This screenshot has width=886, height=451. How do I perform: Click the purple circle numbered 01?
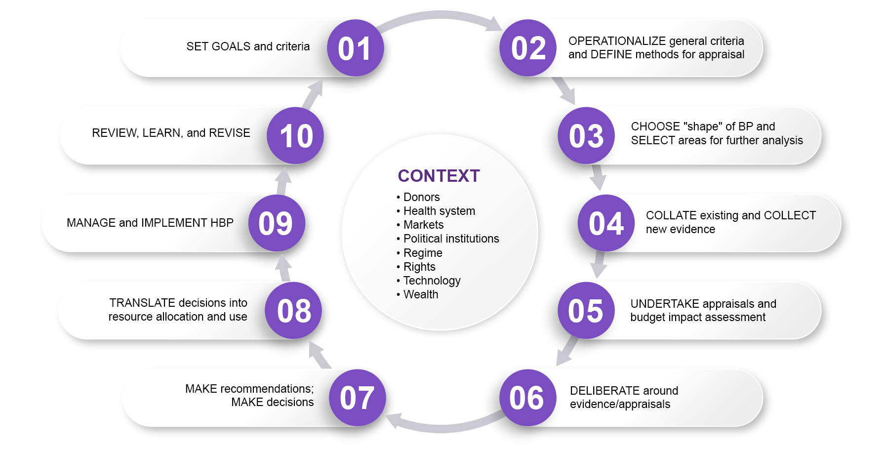(x=355, y=48)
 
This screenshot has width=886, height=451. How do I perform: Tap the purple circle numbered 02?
(x=528, y=48)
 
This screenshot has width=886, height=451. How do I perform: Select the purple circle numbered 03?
(x=586, y=136)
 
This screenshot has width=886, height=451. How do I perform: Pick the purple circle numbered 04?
(x=606, y=223)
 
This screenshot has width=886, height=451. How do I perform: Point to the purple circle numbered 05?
(x=586, y=311)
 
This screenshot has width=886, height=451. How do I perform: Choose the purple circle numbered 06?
(x=527, y=398)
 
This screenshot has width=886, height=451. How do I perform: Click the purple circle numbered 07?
(x=357, y=398)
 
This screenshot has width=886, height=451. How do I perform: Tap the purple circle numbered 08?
(x=294, y=311)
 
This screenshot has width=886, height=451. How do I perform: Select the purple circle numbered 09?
(x=276, y=223)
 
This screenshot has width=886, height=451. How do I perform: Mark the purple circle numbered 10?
(x=296, y=136)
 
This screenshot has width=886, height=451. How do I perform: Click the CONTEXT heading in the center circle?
(x=439, y=176)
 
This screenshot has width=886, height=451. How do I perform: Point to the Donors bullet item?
(x=421, y=197)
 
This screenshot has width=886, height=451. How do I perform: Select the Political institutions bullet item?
(x=451, y=239)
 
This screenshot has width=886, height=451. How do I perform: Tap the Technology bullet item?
(x=432, y=281)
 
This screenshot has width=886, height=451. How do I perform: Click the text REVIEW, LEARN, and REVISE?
(x=171, y=133)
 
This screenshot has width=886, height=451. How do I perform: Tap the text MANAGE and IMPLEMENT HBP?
(x=150, y=223)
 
